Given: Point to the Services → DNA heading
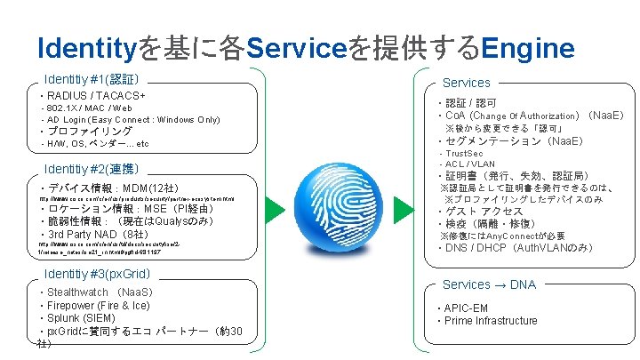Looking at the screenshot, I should [x=489, y=284].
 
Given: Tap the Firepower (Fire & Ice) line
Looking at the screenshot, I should [x=98, y=305].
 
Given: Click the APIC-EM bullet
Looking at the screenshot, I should [x=467, y=308].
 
